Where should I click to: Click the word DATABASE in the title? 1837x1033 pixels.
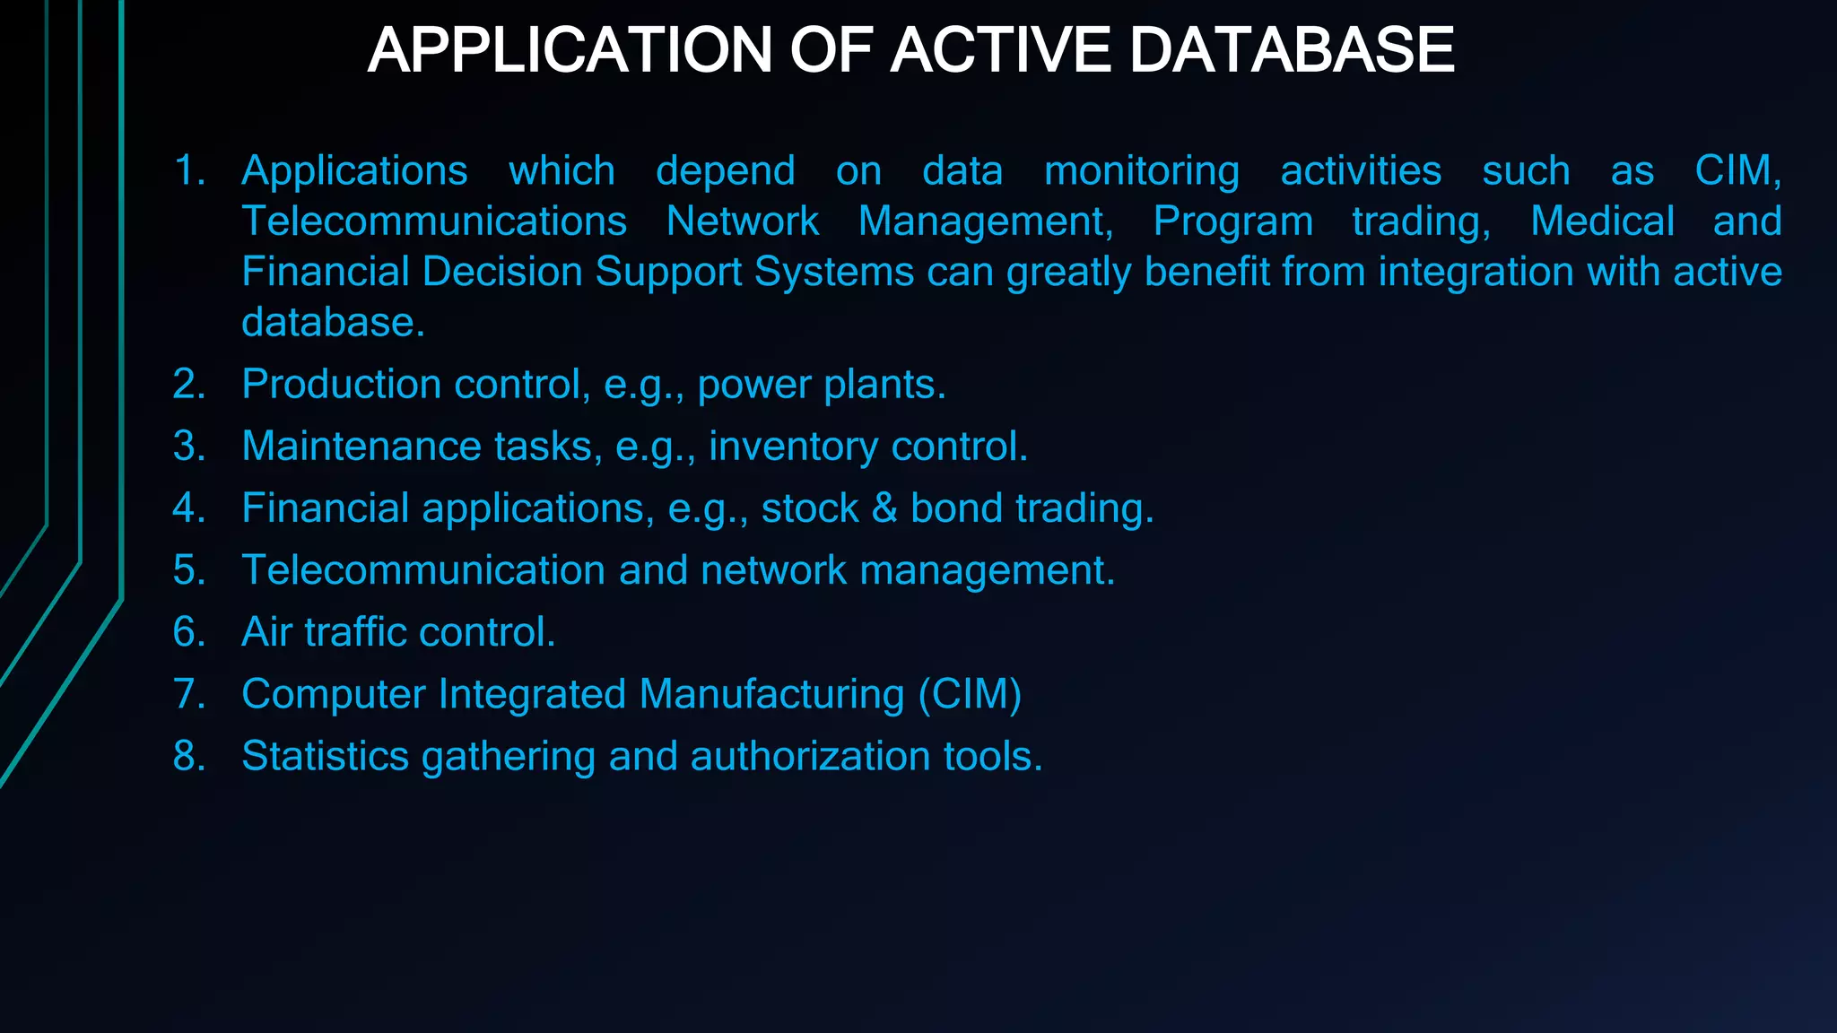pyautogui.click(x=1291, y=50)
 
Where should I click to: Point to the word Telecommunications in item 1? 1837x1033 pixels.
pyautogui.click(x=434, y=221)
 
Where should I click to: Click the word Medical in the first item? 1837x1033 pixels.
pyautogui.click(x=1602, y=221)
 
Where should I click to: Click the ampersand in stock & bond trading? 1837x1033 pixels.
pyautogui.click(x=884, y=508)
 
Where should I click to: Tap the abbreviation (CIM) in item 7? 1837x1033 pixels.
pyautogui.click(x=970, y=695)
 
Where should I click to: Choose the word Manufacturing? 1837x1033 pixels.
pyautogui.click(x=772, y=695)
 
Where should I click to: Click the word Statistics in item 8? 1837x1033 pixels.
pyautogui.click(x=325, y=757)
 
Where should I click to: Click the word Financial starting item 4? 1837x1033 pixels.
pyautogui.click(x=325, y=508)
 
